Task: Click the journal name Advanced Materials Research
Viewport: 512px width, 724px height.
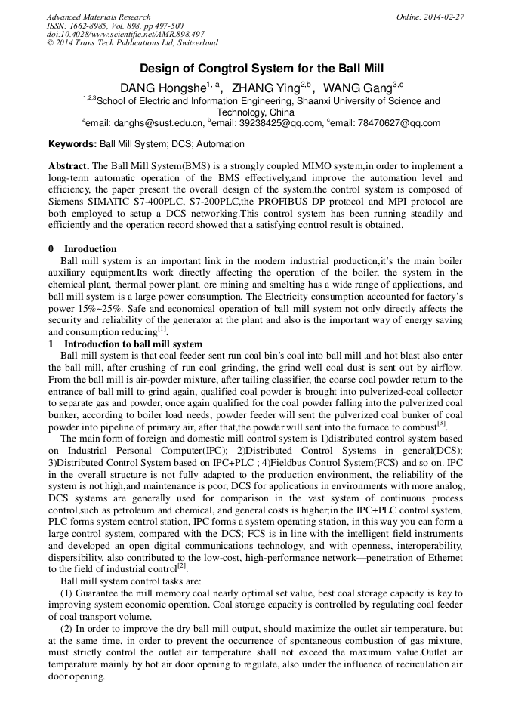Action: tap(98, 17)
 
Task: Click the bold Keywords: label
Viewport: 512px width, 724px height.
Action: tap(72, 143)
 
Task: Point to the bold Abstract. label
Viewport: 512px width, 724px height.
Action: tap(69, 165)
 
